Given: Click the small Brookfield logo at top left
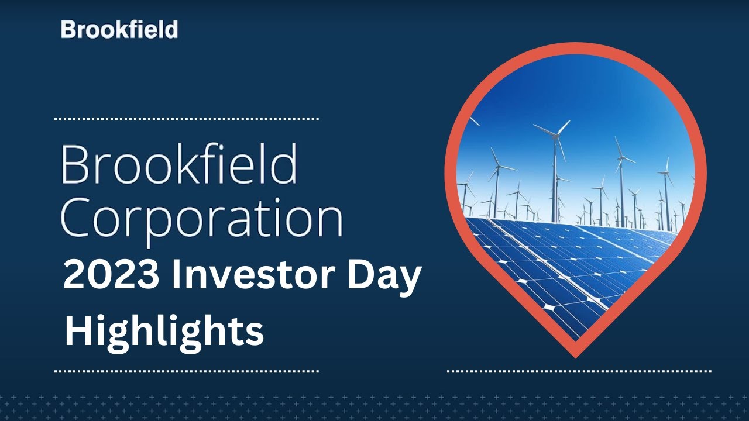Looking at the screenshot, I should [119, 29].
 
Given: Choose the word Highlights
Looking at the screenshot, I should [164, 330].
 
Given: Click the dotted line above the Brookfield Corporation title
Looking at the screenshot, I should [186, 119].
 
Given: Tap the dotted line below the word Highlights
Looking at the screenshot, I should [186, 371].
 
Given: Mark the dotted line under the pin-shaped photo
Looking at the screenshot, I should [579, 371].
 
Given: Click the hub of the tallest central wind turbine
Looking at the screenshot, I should [554, 134].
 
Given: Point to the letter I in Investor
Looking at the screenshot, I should [176, 275].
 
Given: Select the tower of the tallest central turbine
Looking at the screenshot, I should [554, 175].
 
